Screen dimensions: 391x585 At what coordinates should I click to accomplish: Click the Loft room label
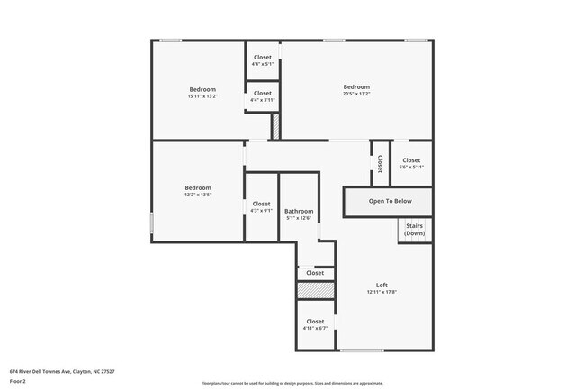coord(382,286)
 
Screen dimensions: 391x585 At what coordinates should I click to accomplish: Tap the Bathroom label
coord(299,211)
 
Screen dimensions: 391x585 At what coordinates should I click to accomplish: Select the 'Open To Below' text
coord(390,201)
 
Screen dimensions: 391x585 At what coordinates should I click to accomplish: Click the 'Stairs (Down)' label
coord(414,230)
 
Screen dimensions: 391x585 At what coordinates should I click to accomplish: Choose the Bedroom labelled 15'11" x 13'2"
coord(202,89)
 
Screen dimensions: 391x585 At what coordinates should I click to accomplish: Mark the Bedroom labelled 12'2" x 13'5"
coord(198,187)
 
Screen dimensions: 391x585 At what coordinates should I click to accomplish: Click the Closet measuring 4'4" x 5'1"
coord(262,58)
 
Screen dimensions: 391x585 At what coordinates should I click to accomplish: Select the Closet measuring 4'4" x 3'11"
coord(262,93)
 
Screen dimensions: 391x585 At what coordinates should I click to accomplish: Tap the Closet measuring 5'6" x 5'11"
coord(411,160)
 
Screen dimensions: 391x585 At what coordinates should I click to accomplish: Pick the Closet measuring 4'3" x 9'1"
coord(261,204)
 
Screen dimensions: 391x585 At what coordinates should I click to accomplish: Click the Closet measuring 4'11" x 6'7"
coord(315,322)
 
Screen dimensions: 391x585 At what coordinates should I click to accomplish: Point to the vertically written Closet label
coord(381,163)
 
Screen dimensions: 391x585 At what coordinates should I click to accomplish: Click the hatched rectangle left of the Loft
coord(316,291)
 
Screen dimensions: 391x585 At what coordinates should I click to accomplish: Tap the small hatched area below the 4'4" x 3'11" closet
coord(276,125)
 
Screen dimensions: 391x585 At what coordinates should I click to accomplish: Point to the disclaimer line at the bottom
coord(292,383)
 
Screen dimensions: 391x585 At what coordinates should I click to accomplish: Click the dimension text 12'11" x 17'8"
coord(382,292)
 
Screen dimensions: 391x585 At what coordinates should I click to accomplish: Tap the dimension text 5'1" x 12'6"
coord(299,217)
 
